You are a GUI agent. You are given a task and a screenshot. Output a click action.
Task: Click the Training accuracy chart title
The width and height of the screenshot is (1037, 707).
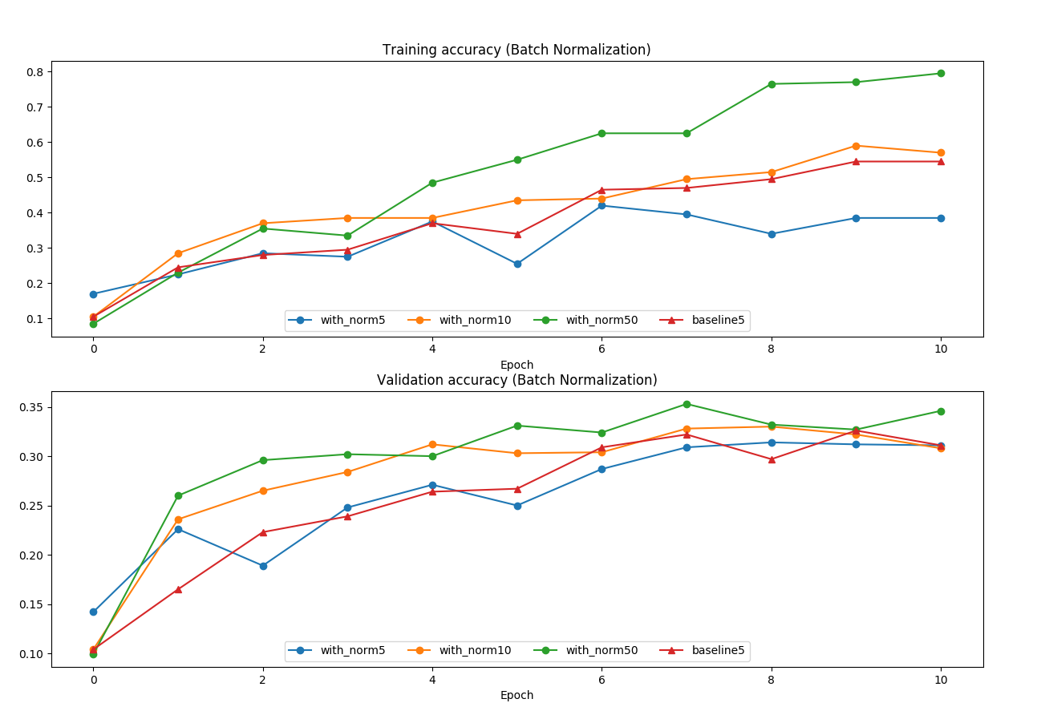[x=516, y=50]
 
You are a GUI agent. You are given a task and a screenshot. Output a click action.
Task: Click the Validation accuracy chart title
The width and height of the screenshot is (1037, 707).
[x=516, y=380]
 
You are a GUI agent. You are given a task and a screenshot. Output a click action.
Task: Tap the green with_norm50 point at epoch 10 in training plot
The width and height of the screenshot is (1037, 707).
[x=941, y=73]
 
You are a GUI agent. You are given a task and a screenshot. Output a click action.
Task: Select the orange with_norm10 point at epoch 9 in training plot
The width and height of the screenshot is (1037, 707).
[x=856, y=146]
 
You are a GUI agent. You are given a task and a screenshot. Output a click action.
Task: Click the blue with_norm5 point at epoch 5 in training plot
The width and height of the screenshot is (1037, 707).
[x=517, y=264]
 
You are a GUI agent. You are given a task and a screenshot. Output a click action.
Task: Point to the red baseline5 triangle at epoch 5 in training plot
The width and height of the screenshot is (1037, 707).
[x=517, y=234]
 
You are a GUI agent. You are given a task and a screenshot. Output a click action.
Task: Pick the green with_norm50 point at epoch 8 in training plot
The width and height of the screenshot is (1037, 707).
[x=772, y=84]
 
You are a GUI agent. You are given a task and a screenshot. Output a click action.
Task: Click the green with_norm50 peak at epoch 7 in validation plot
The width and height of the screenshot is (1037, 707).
[x=687, y=404]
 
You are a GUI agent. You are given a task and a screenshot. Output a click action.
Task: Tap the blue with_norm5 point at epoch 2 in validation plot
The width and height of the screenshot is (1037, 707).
[x=263, y=566]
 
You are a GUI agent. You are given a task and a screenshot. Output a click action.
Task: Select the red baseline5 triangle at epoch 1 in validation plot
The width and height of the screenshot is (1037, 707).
[x=178, y=589]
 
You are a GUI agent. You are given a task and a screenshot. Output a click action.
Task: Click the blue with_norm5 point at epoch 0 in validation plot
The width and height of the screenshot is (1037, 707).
[x=93, y=612]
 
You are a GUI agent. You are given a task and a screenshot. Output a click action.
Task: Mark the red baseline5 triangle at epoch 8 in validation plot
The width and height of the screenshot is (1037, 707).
[x=772, y=459]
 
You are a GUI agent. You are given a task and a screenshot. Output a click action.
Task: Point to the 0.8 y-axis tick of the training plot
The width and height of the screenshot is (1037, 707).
[x=34, y=72]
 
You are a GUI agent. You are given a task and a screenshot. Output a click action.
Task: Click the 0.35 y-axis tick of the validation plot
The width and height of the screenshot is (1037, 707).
[x=31, y=407]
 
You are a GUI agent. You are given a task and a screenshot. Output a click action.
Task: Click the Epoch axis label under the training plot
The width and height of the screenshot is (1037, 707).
[x=516, y=365]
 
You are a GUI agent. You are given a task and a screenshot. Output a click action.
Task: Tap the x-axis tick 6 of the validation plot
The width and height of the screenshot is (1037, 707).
[x=602, y=680]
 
